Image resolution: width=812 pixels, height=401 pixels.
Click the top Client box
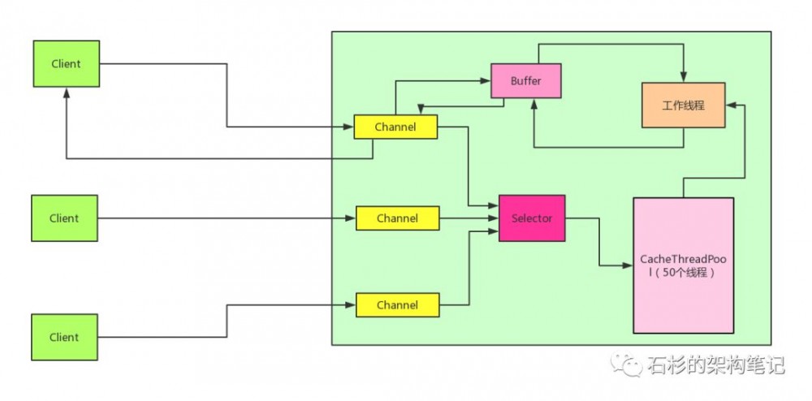tap(65, 63)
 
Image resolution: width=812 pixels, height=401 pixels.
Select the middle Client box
tap(64, 218)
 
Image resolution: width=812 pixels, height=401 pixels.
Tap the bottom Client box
tap(64, 337)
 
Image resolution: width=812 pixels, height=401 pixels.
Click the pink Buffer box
tap(526, 81)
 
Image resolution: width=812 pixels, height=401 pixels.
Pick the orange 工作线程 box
tap(682, 105)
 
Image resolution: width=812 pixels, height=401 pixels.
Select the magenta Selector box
tap(532, 218)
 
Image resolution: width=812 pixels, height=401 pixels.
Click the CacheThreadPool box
tap(683, 265)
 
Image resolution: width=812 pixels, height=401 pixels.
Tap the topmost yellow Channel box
tap(395, 127)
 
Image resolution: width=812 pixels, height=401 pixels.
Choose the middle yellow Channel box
tap(397, 218)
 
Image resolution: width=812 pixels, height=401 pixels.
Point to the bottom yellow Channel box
tap(397, 305)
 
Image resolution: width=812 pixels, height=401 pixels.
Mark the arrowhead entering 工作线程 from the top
tap(683, 78)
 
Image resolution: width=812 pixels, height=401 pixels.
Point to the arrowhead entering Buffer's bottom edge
tap(533, 103)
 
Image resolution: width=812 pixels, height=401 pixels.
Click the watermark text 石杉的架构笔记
tap(715, 365)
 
